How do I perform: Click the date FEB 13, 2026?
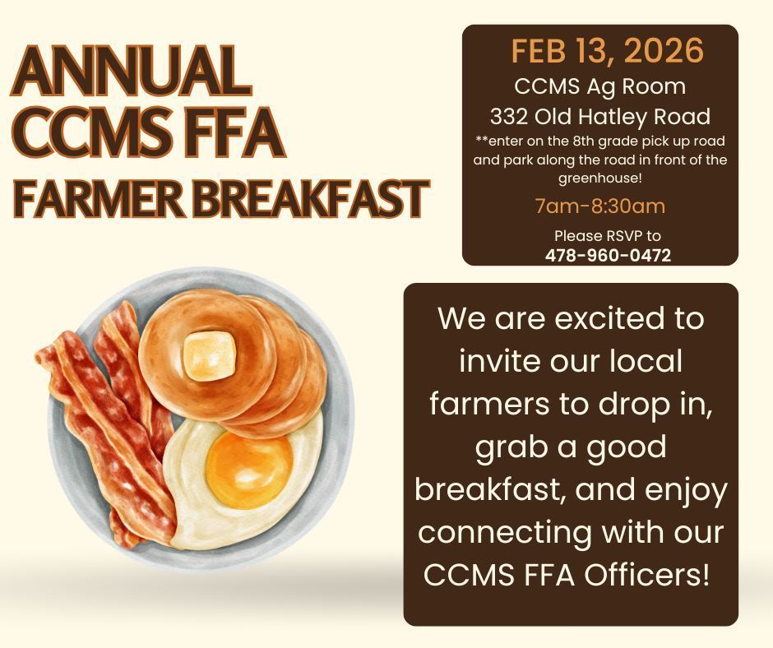point(607,51)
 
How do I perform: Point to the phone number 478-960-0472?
point(608,256)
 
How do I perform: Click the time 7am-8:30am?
point(599,206)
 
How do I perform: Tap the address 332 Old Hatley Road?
point(600,115)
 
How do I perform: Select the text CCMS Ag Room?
point(600,86)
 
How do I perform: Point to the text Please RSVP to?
point(608,237)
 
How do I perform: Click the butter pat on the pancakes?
point(210,356)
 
